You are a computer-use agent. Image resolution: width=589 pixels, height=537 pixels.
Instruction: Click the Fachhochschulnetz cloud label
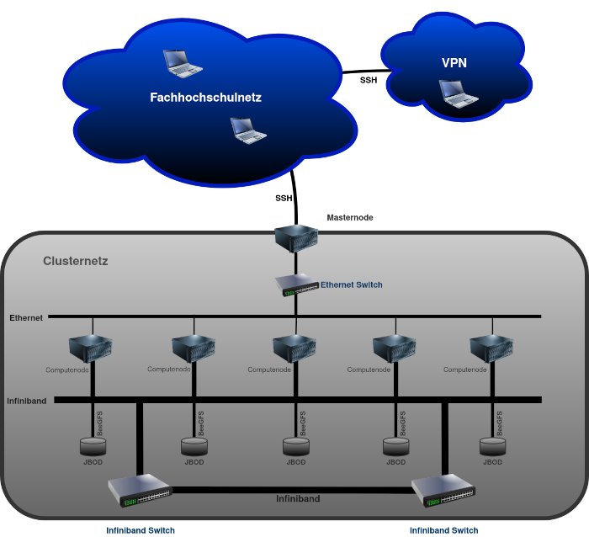205,98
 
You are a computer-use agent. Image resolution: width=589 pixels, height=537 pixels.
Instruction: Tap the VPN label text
454,63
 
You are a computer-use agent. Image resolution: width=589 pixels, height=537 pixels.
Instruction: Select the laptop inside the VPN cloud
459,93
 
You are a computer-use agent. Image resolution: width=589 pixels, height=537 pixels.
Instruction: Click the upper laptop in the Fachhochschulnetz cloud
182,63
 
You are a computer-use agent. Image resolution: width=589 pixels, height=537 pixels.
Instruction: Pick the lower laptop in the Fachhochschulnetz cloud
248,130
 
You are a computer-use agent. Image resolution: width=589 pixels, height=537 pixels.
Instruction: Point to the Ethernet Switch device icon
295,286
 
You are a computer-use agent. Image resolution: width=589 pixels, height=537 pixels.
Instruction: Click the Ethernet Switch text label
351,285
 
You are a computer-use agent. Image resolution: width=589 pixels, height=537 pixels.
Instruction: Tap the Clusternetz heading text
76,262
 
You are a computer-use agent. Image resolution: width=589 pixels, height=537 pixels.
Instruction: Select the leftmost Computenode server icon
92,348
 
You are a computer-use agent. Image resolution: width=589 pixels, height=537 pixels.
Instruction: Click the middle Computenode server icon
294,348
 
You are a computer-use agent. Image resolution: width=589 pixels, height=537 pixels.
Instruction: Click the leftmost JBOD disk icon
93,445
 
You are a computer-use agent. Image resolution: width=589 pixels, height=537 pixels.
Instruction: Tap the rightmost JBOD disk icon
491,445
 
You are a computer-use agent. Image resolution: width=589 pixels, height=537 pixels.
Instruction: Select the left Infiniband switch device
139,490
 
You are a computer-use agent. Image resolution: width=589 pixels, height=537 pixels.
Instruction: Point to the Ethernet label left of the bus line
26,318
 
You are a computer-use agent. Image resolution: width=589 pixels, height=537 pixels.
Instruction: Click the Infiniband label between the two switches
298,499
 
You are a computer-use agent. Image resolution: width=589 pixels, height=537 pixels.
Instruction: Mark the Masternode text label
349,217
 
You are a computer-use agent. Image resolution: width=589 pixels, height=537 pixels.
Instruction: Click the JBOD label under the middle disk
295,462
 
